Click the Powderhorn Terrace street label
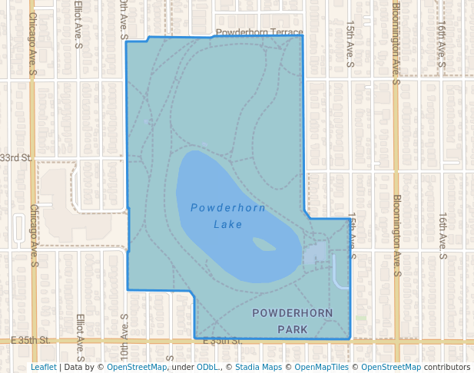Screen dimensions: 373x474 pos(260,33)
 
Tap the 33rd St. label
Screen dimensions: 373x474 pos(15,157)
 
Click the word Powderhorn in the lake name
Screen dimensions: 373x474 pos(227,208)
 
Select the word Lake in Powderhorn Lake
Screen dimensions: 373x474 pos(227,225)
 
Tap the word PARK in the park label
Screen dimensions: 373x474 pos(292,329)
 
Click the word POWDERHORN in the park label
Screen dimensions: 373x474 pos(292,313)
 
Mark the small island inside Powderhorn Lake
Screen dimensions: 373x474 pos(264,245)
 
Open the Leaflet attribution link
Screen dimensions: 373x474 pos(43,367)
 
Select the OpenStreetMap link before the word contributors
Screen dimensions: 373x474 pos(391,367)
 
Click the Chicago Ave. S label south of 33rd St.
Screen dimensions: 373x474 pos(34,235)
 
